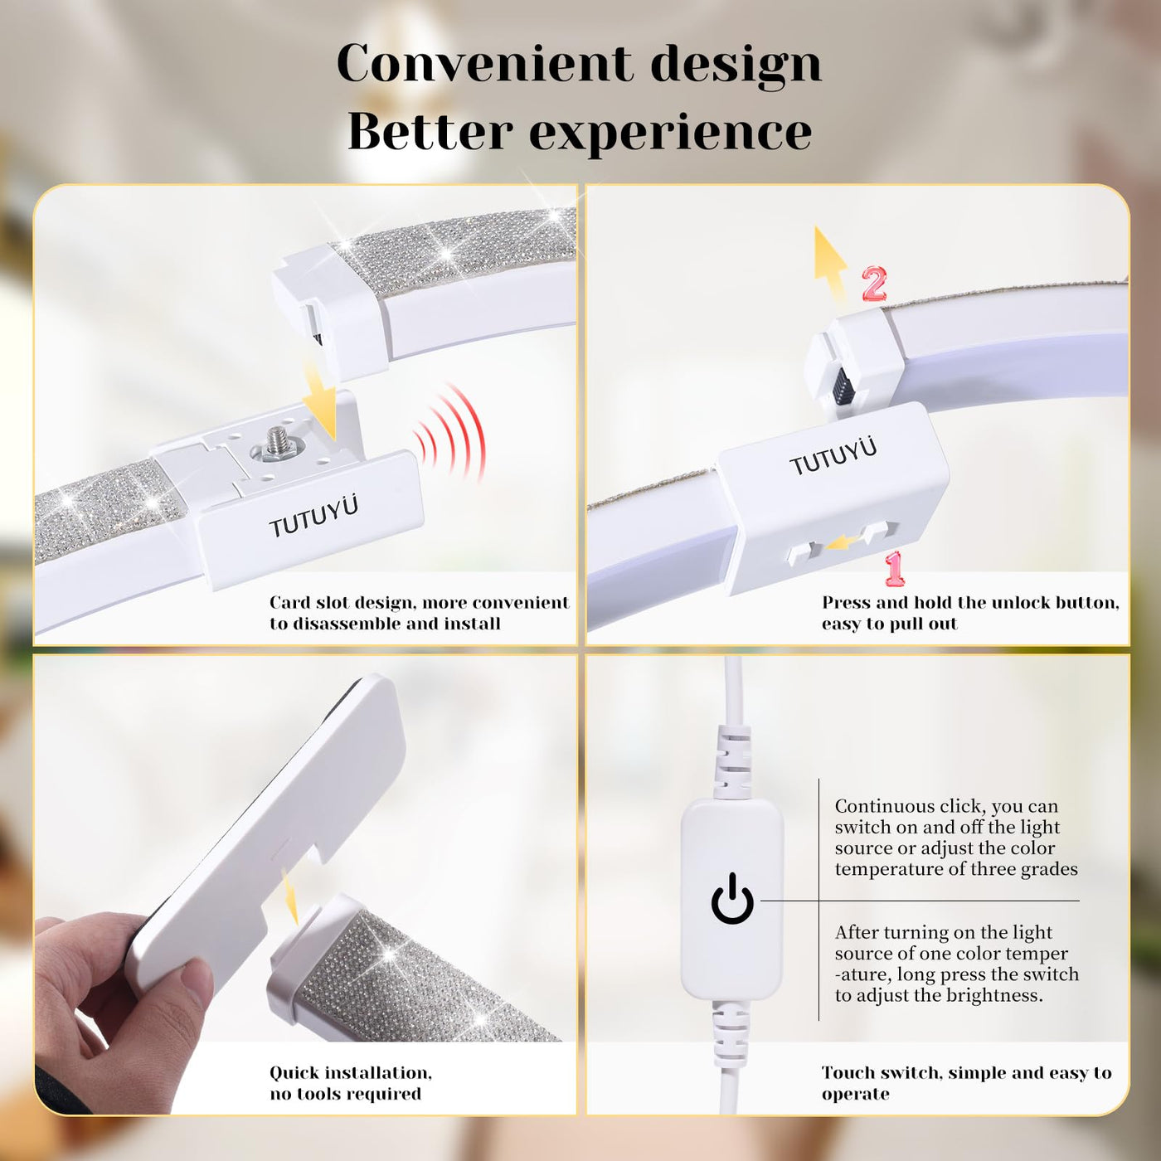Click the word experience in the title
pyautogui.click(x=671, y=133)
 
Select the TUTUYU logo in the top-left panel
pyautogui.click(x=313, y=517)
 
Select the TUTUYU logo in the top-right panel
pyautogui.click(x=833, y=457)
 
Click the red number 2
pyautogui.click(x=874, y=284)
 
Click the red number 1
pyautogui.click(x=894, y=570)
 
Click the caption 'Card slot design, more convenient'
pyautogui.click(x=420, y=603)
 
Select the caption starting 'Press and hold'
pyautogui.click(x=970, y=613)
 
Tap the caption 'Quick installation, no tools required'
pyautogui.click(x=351, y=1083)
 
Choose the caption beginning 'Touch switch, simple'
pyautogui.click(x=966, y=1083)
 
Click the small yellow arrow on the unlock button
pyautogui.click(x=843, y=543)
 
